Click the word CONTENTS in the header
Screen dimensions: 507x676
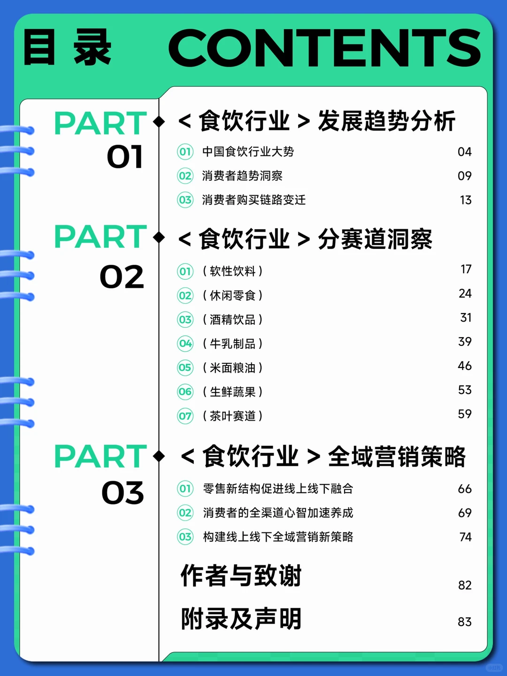pyautogui.click(x=324, y=48)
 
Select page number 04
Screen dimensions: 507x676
pyautogui.click(x=465, y=152)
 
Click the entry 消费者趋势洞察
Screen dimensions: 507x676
pyautogui.click(x=242, y=176)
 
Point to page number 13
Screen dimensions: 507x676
pyautogui.click(x=466, y=200)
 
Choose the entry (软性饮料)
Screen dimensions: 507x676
pyautogui.click(x=233, y=271)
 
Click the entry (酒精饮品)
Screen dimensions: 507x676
pyautogui.click(x=233, y=320)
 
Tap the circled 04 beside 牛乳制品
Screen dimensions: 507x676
pyautogui.click(x=185, y=343)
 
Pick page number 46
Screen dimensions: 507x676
pyautogui.click(x=465, y=366)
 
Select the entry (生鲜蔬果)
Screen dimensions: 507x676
pyautogui.click(x=233, y=392)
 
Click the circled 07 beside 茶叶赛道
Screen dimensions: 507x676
pyautogui.click(x=185, y=416)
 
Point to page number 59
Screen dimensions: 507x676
pyautogui.click(x=465, y=414)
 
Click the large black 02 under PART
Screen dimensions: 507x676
pyautogui.click(x=122, y=277)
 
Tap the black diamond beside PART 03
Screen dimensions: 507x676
pyautogui.click(x=159, y=456)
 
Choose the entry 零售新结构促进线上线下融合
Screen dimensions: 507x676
pyautogui.click(x=278, y=489)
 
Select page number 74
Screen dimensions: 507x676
pyautogui.click(x=465, y=537)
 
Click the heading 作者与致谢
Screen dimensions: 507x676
pyautogui.click(x=241, y=576)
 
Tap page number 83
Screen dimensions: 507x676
pyautogui.click(x=465, y=622)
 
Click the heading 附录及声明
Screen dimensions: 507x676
pyautogui.click(x=241, y=619)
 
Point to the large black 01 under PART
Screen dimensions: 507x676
pyautogui.click(x=125, y=157)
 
